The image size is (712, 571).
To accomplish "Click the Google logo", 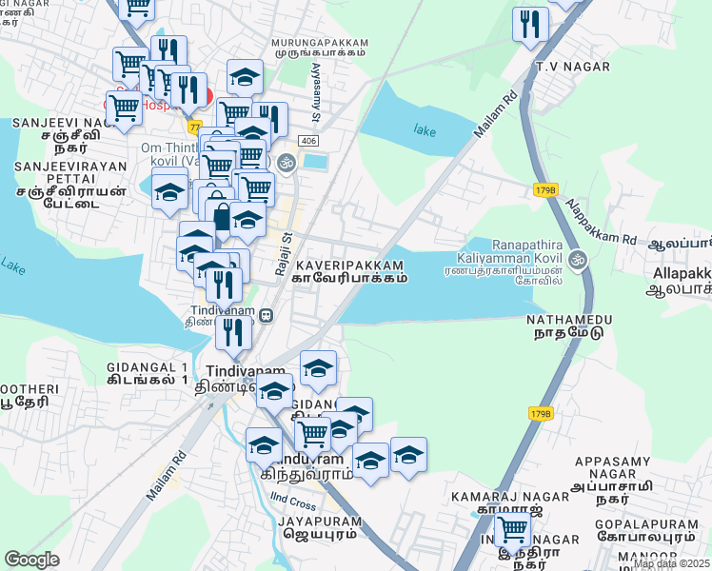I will point(32,560).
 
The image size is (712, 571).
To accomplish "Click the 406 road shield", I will point(307,141).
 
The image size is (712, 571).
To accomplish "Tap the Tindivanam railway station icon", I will point(268,314).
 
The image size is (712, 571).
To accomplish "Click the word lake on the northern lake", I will point(425,129).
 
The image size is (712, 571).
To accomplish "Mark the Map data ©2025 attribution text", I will point(672,563).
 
